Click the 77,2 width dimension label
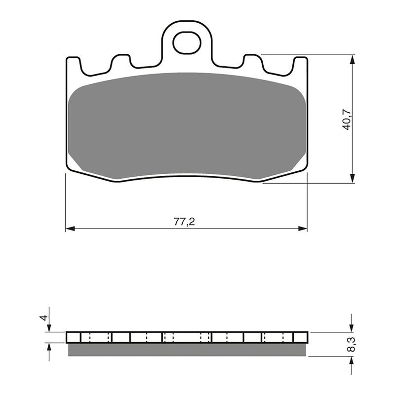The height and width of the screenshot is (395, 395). pyautogui.click(x=184, y=222)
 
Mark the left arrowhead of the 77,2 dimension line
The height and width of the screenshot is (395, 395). pyautogui.click(x=70, y=229)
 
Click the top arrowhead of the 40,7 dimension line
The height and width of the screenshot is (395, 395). pyautogui.click(x=352, y=59)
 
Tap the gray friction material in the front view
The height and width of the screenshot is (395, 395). pyautogui.click(x=187, y=123)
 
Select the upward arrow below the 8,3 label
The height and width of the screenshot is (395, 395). pyautogui.click(x=351, y=361)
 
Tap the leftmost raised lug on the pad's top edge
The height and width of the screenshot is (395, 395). pyautogui.click(x=73, y=63)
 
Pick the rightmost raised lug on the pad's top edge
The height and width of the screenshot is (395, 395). pyautogui.click(x=300, y=63)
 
